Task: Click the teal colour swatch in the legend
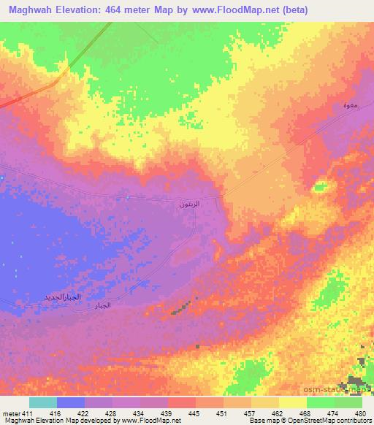[42, 402]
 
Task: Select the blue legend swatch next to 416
[71, 402]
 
